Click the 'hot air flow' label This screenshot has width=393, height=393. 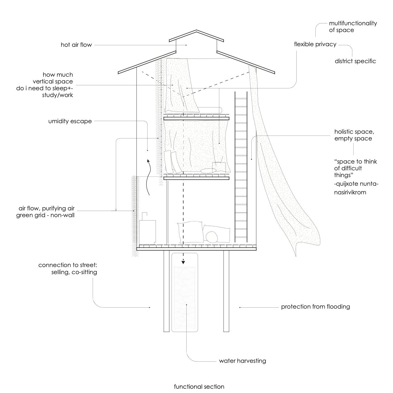point(76,45)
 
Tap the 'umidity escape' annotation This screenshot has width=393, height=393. point(70,121)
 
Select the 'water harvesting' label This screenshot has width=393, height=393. point(242,361)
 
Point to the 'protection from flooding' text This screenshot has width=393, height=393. point(315,307)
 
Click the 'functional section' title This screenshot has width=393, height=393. point(199,387)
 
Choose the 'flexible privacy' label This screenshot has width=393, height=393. point(315,44)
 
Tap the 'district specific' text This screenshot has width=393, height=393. point(355,61)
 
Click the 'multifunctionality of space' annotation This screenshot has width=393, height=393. point(353,27)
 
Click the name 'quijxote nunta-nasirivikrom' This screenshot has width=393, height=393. point(356,188)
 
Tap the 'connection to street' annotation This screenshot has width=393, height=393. point(68,269)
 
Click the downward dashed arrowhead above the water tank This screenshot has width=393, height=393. point(183,262)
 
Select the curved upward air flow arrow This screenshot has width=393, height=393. point(149,177)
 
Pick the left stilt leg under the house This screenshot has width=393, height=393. point(166,291)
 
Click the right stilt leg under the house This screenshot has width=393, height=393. point(226,291)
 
